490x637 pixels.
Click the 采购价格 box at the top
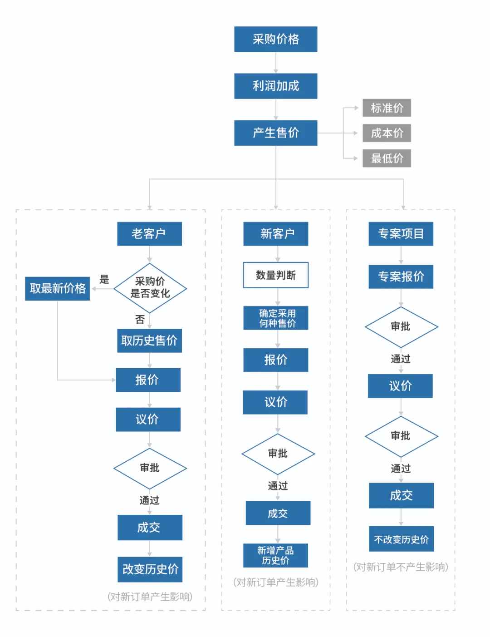(275, 39)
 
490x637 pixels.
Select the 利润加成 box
(275, 86)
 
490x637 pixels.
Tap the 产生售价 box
(275, 133)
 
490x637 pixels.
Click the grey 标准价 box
(387, 108)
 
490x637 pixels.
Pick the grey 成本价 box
(387, 133)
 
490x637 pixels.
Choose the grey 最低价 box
(387, 158)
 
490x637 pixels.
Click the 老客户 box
(149, 234)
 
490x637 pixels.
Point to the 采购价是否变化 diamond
(150, 288)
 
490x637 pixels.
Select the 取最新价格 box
(58, 288)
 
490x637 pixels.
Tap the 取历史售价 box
(149, 341)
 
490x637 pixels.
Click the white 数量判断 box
(275, 275)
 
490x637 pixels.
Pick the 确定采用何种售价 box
(275, 318)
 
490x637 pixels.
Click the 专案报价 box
(401, 277)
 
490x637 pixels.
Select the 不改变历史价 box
(401, 539)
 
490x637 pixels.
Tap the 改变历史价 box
(150, 569)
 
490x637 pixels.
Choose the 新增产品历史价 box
(275, 555)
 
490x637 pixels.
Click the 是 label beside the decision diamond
(104, 280)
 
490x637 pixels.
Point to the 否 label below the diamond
(140, 320)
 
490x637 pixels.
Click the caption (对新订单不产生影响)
(401, 567)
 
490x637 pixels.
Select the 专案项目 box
(401, 234)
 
